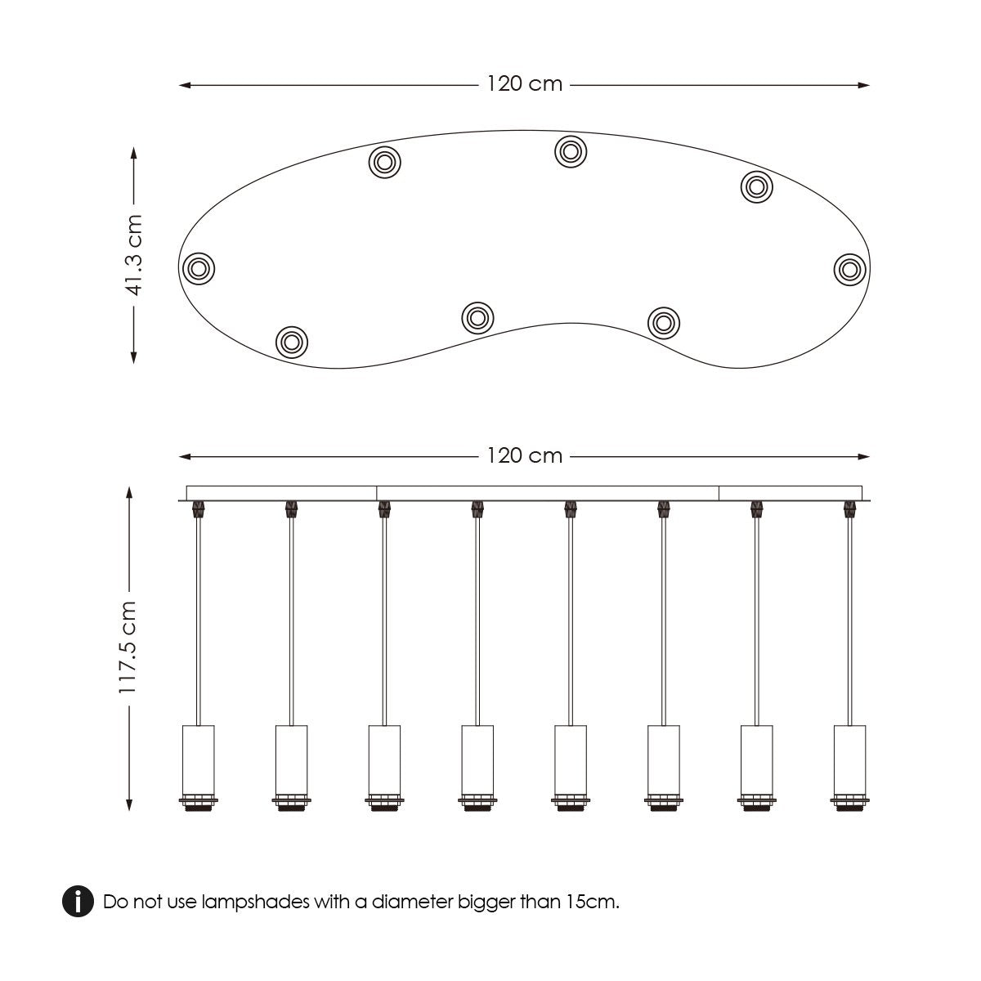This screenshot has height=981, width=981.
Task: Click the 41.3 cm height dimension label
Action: point(134,255)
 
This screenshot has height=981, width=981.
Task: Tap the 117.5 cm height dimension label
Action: point(128,647)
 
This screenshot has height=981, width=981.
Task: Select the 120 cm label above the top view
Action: point(524,84)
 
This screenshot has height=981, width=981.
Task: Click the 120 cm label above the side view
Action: point(524,455)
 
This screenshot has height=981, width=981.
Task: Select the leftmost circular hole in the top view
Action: point(199,268)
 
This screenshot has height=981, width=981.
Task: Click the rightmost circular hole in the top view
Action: point(849,269)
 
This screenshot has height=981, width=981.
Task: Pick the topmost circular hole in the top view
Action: point(571,151)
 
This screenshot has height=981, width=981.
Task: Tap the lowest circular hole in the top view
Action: point(292,342)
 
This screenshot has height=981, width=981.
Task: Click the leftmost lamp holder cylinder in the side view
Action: point(199,759)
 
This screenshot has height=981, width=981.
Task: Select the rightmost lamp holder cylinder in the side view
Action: point(849,759)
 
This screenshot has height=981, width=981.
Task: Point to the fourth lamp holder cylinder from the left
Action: point(477,759)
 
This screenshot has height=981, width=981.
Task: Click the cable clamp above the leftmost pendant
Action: point(199,509)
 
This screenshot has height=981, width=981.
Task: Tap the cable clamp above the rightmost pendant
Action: point(849,509)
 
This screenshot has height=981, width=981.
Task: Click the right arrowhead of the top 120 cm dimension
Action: point(863,85)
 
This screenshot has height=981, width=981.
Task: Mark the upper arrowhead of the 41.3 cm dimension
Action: point(134,153)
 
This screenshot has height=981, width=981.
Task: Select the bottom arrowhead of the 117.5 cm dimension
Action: point(129,804)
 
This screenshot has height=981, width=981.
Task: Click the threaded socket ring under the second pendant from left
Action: point(292,802)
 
